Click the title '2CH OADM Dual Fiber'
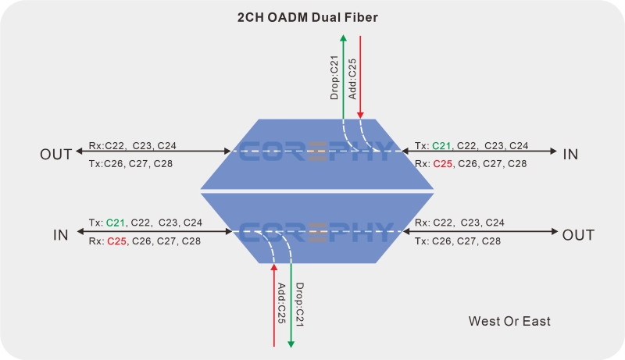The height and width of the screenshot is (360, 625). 312,17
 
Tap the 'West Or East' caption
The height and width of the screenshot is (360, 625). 509,321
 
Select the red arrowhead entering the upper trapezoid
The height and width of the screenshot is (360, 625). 360,115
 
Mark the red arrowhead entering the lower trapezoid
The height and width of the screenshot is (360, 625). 273,269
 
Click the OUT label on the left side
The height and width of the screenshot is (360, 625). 56,154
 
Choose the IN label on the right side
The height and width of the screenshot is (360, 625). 570,154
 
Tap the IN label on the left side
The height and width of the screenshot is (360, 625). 61,234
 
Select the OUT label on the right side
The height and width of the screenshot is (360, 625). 578,234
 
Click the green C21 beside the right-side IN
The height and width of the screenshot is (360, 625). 441,145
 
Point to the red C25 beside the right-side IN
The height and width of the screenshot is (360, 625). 443,163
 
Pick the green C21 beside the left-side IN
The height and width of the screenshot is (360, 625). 116,223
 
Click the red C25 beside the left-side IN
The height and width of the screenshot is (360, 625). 117,241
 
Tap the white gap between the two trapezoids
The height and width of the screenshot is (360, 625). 316,190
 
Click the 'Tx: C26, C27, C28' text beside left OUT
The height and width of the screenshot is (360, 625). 130,163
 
